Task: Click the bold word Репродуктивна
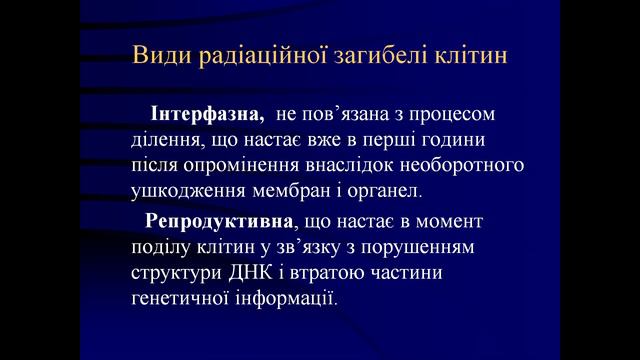pyautogui.click(x=207, y=218)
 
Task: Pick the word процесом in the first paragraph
pyautogui.click(x=456, y=111)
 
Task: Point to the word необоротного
pyautogui.click(x=472, y=163)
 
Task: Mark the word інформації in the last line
pyautogui.click(x=289, y=296)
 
